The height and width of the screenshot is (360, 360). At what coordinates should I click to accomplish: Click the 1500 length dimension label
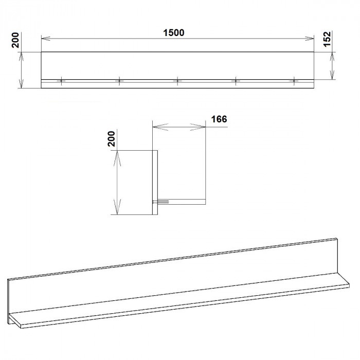point(174,33)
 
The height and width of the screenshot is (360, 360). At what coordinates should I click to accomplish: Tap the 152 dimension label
point(327,39)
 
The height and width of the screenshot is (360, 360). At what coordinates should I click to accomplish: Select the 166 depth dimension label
point(219,119)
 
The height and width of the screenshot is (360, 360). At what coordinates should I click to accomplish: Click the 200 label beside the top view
point(15,40)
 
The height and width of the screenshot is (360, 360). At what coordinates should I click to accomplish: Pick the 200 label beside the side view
point(112,139)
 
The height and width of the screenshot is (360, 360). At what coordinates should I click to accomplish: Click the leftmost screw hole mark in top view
point(61,81)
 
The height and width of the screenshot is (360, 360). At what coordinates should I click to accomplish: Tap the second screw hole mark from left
point(119,81)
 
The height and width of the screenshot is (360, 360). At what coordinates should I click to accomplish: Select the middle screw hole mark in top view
point(177,81)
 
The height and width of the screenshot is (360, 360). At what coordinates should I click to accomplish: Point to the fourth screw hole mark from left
point(236,81)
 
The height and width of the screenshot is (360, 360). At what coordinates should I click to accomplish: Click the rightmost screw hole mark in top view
point(294,81)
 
